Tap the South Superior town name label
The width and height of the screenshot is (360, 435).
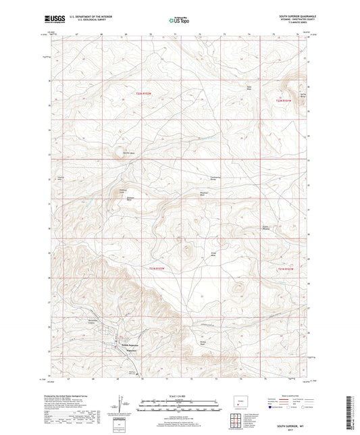(x=131, y=346)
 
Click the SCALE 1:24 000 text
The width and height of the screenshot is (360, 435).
(x=180, y=396)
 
